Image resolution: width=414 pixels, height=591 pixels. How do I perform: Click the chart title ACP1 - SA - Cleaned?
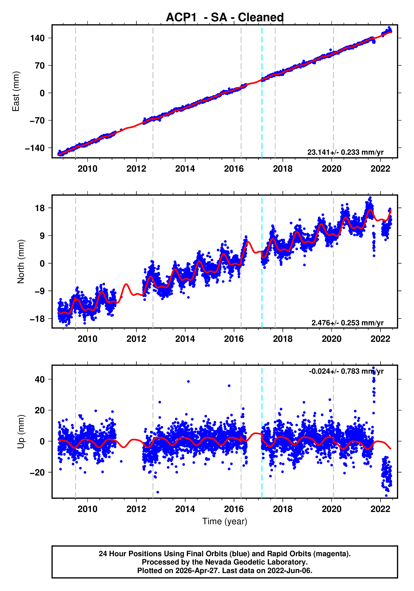click(x=225, y=18)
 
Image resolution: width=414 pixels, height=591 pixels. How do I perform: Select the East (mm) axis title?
click(x=16, y=91)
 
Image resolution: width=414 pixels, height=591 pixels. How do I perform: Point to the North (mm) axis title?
click(x=21, y=262)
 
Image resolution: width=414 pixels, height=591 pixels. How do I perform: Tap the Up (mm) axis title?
click(x=21, y=432)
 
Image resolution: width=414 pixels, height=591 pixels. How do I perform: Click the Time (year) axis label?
click(x=225, y=521)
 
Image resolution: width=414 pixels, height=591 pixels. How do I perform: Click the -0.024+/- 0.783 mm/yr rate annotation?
click(x=346, y=371)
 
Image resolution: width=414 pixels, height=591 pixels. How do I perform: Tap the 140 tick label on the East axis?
click(x=38, y=38)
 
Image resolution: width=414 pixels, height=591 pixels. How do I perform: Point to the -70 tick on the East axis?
click(x=37, y=121)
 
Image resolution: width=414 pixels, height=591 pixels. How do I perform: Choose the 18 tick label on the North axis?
click(x=40, y=208)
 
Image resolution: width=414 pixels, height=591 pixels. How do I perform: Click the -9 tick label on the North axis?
click(x=37, y=291)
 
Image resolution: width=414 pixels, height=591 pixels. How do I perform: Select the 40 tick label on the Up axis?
click(x=40, y=379)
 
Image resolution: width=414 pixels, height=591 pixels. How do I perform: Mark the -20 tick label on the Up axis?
click(x=37, y=473)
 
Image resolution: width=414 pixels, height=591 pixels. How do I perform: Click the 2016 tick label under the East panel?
click(x=234, y=169)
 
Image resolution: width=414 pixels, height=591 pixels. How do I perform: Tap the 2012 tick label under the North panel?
click(x=136, y=339)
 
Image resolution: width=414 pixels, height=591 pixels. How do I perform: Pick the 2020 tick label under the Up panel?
click(x=331, y=509)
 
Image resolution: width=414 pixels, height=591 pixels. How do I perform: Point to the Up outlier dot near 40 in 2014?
click(x=188, y=381)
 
